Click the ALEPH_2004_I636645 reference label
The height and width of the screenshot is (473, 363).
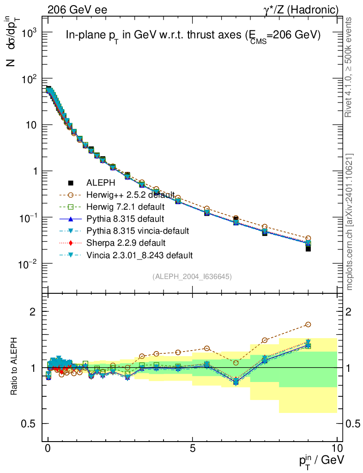(x=192, y=277)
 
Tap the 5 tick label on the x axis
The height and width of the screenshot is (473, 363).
(x=193, y=448)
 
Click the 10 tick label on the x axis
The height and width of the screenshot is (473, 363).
(x=337, y=448)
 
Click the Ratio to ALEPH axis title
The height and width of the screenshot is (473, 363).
(x=15, y=367)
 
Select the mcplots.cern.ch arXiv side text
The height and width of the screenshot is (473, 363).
(x=350, y=222)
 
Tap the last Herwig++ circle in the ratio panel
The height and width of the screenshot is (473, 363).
(x=308, y=325)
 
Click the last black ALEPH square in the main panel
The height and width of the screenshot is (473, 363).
(x=308, y=249)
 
